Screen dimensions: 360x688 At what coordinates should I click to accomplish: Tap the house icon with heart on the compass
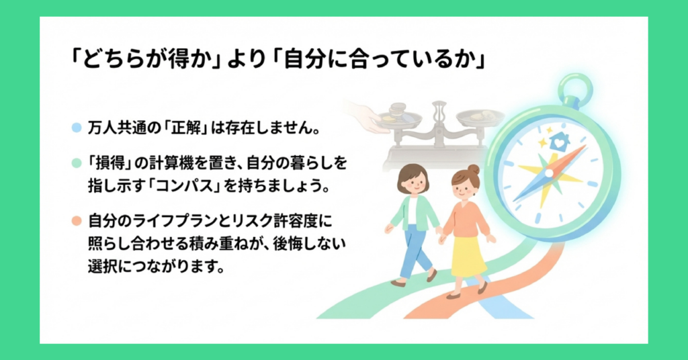click(559, 142)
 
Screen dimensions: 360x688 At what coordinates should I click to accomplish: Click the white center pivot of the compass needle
click(550, 174)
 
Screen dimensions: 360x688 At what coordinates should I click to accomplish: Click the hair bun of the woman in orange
click(474, 169)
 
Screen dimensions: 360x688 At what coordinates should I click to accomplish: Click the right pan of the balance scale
click(480, 118)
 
